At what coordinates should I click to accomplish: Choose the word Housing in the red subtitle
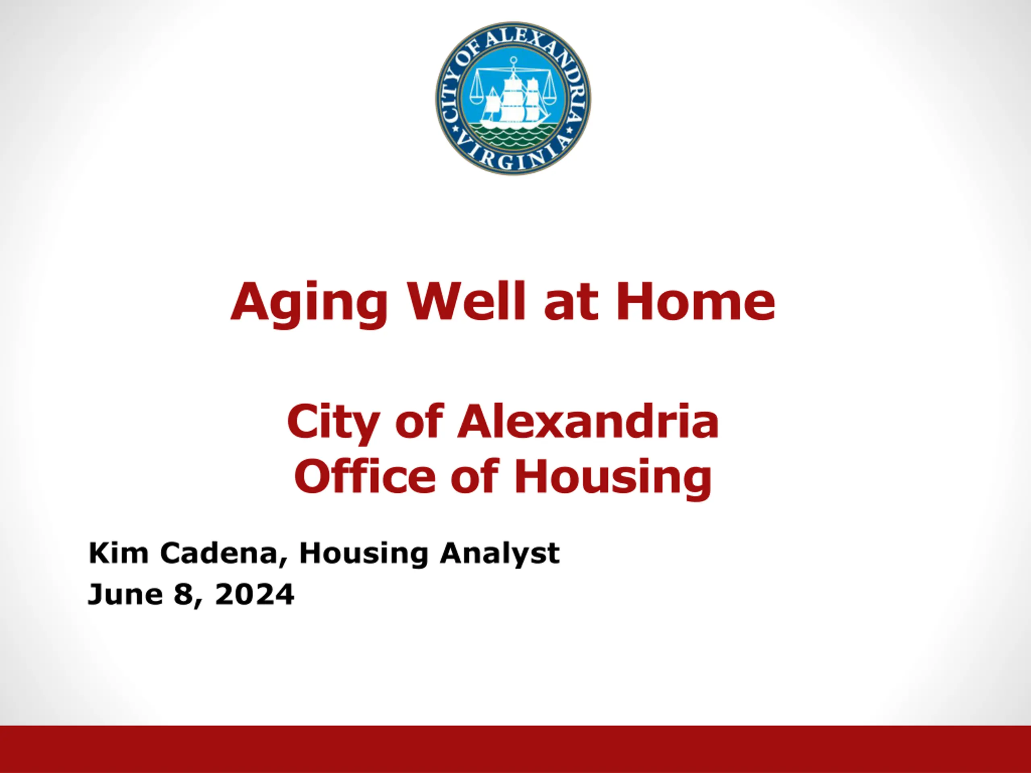[x=613, y=479]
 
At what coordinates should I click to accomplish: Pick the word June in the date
[x=125, y=595]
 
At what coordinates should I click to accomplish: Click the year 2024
[x=255, y=595]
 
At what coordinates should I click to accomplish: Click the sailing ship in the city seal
[x=515, y=100]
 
